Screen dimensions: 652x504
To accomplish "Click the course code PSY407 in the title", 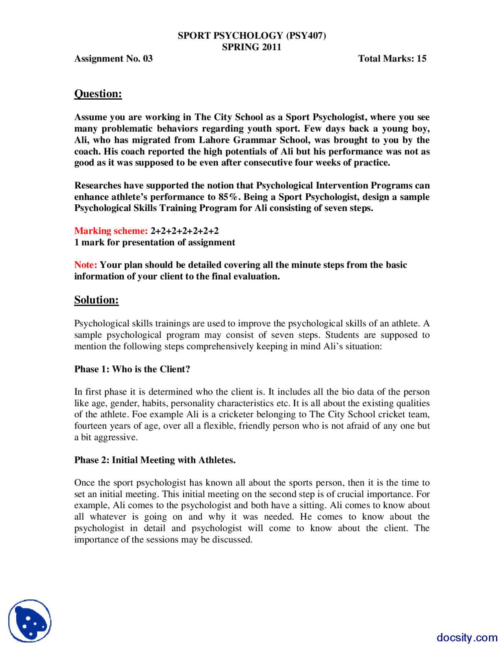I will (x=306, y=35).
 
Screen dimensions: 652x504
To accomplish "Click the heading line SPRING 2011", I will (x=251, y=47).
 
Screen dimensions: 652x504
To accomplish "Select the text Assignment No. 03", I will (x=113, y=59).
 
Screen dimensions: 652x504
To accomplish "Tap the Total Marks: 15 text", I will (x=392, y=59).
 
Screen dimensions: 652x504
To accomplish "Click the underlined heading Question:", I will (x=98, y=94).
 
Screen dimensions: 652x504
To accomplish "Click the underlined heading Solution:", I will (x=96, y=300).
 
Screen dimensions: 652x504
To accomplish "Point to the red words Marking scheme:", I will (x=111, y=231).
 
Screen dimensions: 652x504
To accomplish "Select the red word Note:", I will (x=85, y=265).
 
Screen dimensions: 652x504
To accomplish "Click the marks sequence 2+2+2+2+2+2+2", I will (x=184, y=231).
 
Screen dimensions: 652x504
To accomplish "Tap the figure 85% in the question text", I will (x=228, y=197).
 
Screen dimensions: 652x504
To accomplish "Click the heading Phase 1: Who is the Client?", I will (x=132, y=369).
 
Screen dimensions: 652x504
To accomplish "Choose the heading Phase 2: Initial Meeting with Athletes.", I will (x=155, y=460).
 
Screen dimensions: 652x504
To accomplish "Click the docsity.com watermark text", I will (x=467, y=637).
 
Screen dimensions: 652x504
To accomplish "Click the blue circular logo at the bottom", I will (x=30, y=621).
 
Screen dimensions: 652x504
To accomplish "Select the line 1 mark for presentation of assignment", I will (x=154, y=242).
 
